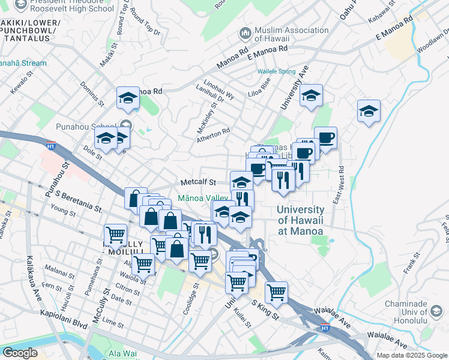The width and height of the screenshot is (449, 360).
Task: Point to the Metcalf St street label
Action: [198, 182]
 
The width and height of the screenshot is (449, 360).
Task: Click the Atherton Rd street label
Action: [214, 134]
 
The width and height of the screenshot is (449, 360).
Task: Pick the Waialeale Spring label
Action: [277, 71]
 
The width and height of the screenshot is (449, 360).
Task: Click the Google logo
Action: [20, 353]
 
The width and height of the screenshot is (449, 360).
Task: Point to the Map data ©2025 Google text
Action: [412, 355]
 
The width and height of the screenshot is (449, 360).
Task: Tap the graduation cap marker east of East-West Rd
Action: [369, 111]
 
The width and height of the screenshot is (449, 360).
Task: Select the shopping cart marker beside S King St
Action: [276, 292]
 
